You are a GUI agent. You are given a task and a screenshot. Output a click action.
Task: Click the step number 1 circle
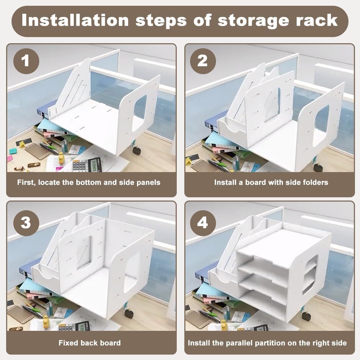pyautogui.click(x=26, y=61)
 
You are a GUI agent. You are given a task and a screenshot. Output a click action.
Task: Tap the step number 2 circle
pyautogui.click(x=203, y=61)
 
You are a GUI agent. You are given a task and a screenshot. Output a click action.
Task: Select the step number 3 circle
pyautogui.click(x=26, y=223)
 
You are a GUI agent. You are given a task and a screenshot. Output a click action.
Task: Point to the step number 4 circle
pyautogui.click(x=203, y=223)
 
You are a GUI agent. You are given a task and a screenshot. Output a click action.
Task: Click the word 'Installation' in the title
pyautogui.click(x=75, y=20)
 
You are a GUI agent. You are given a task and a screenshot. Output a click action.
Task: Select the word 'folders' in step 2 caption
pyautogui.click(x=315, y=183)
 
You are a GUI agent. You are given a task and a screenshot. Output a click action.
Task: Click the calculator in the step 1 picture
pyautogui.click(x=87, y=165)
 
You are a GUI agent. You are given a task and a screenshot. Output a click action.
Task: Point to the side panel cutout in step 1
pyautogui.click(x=140, y=113)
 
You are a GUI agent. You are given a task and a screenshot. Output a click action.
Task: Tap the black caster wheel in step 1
pyautogui.click(x=137, y=151)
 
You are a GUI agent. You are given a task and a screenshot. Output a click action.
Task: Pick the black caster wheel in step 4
pyautogui.click(x=306, y=316)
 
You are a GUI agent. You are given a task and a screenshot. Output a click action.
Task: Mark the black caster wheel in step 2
pyautogui.click(x=318, y=168)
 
